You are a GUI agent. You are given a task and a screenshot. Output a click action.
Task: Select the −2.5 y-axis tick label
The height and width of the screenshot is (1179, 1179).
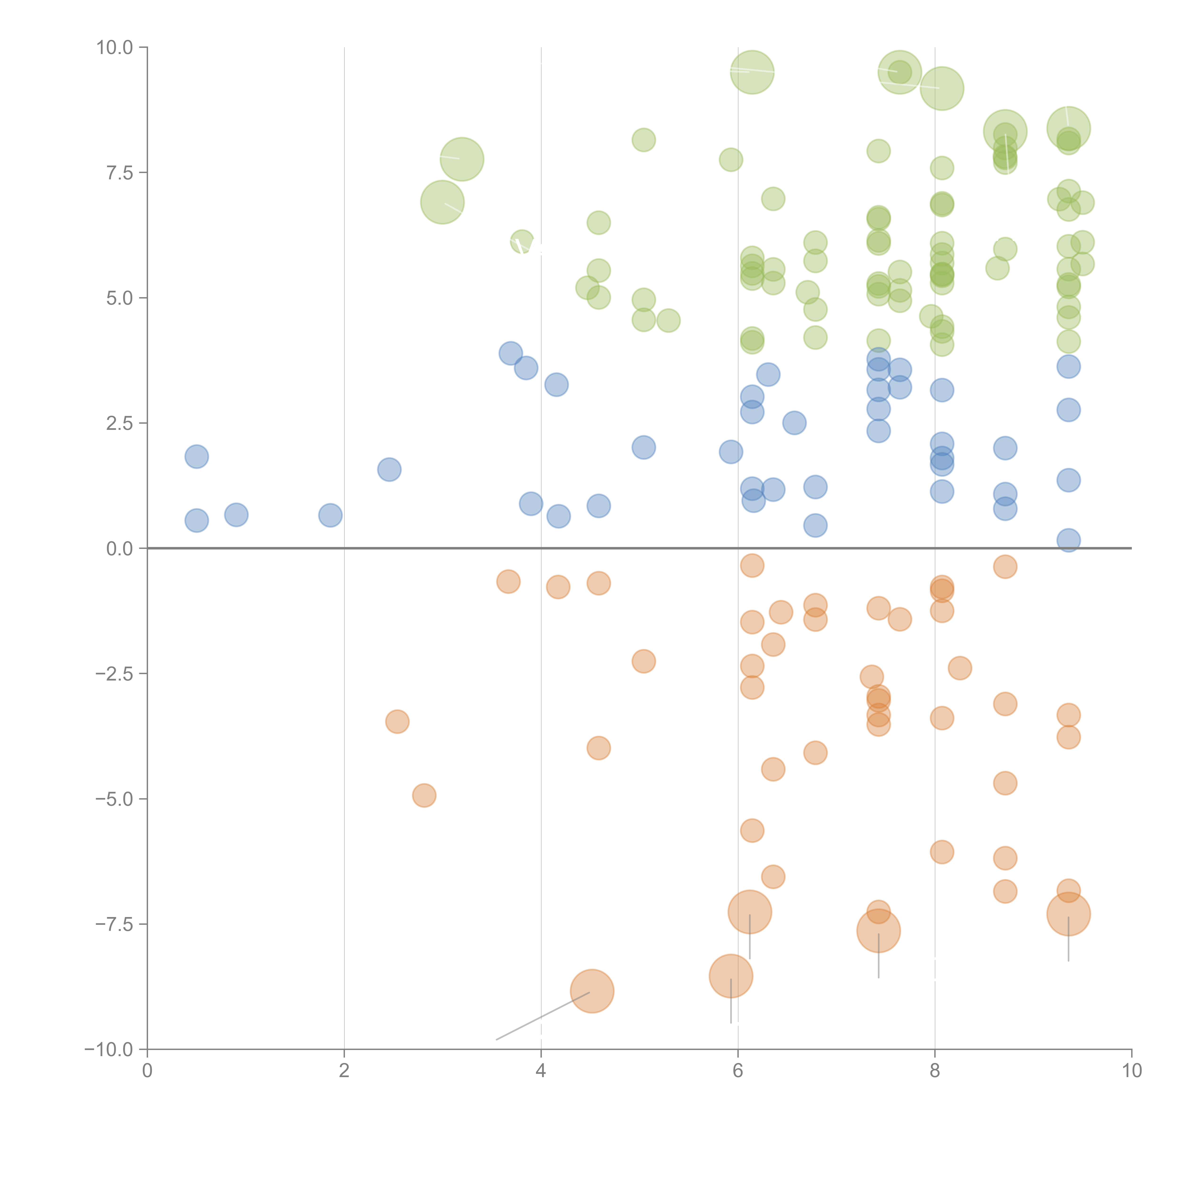[114, 674]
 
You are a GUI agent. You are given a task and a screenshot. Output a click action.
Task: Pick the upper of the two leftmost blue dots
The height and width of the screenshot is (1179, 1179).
[196, 457]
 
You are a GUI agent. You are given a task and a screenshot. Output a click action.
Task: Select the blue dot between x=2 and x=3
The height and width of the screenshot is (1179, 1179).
[389, 469]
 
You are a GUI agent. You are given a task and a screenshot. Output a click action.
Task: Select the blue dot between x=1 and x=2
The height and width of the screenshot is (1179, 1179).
[330, 515]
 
